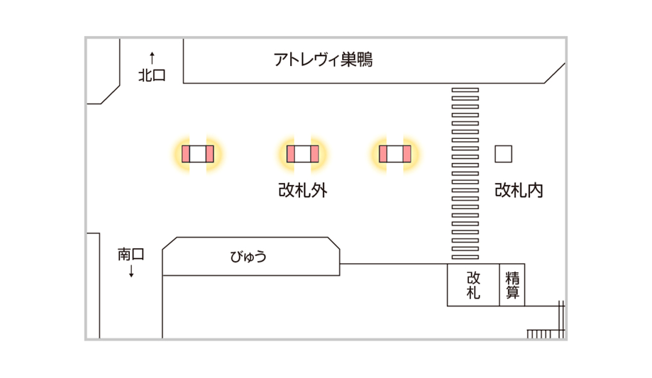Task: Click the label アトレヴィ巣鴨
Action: (x=323, y=60)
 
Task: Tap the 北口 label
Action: (x=152, y=75)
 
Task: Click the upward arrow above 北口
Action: (x=152, y=56)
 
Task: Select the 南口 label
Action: (x=131, y=254)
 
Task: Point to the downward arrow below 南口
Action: (x=131, y=272)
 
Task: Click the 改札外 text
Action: (x=303, y=190)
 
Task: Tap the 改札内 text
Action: (x=519, y=190)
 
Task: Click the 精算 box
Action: (x=513, y=285)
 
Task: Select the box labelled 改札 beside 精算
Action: (x=473, y=285)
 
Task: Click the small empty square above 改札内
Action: (x=504, y=153)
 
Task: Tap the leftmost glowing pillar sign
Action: (x=198, y=154)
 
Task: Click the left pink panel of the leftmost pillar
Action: (x=186, y=154)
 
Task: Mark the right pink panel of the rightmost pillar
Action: (x=407, y=154)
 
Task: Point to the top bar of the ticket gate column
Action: (x=465, y=90)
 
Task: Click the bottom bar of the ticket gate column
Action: (x=465, y=257)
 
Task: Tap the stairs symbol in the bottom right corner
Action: (x=547, y=330)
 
